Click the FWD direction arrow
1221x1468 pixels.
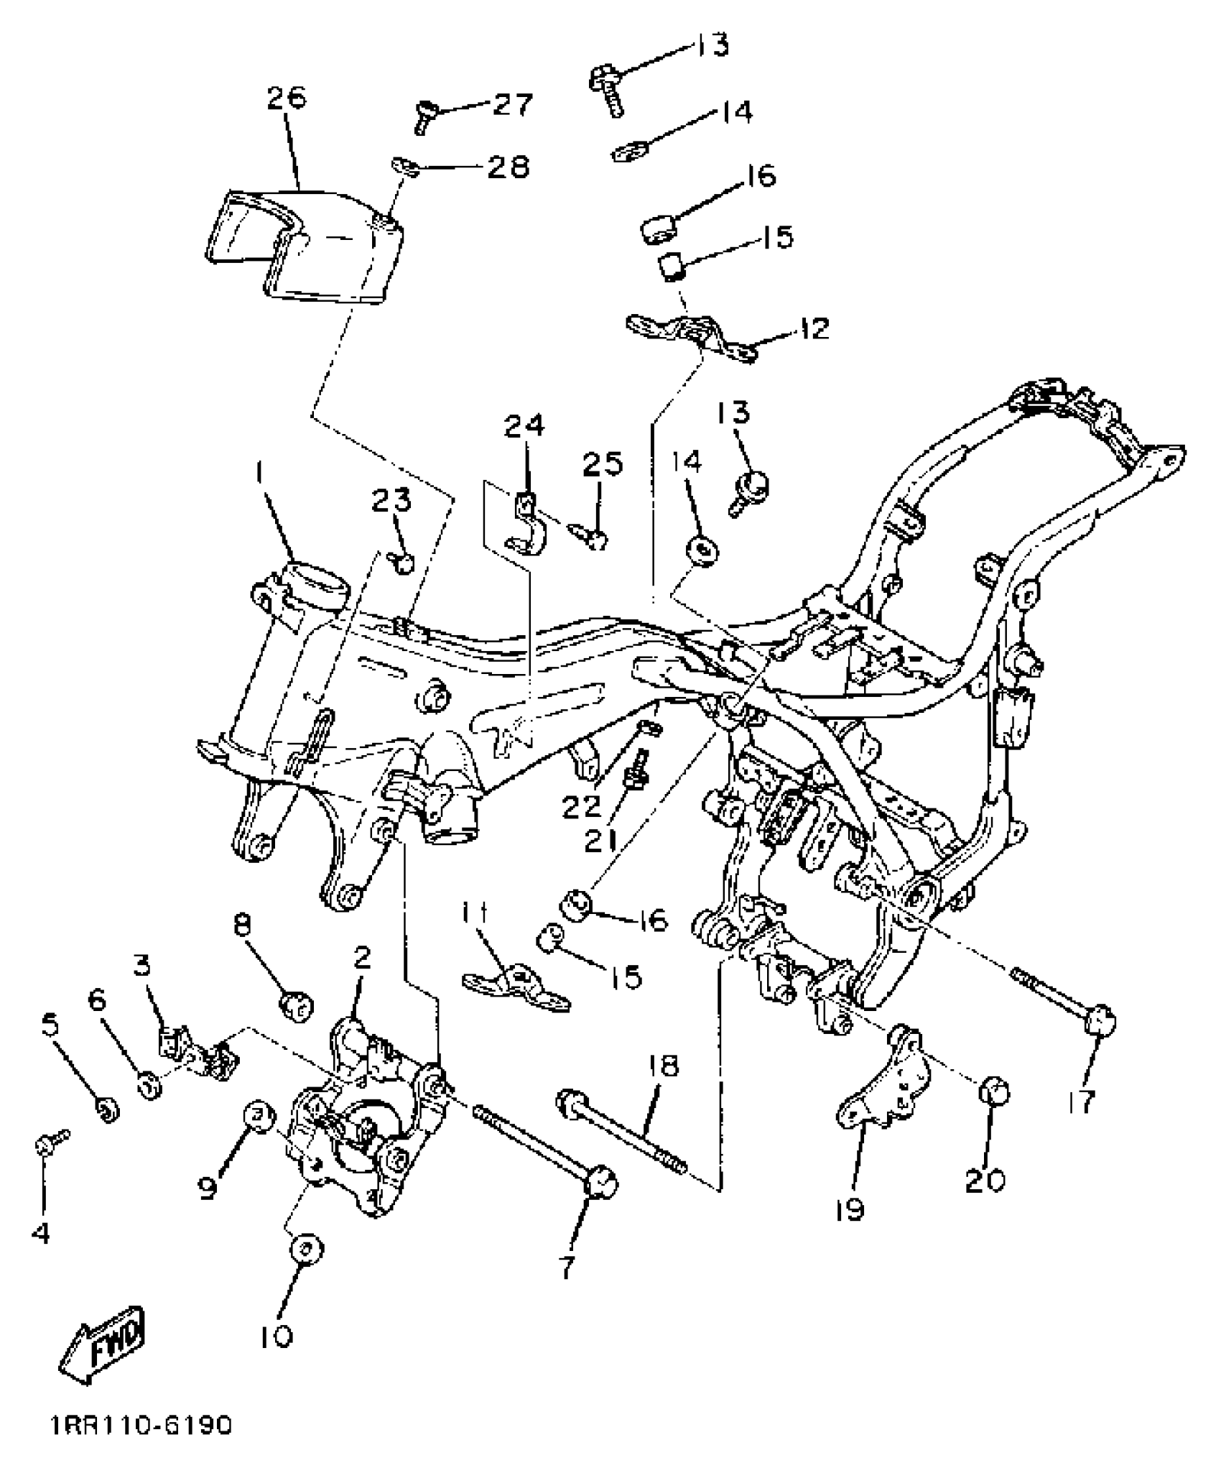[103, 1352]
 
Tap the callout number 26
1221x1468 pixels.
[286, 98]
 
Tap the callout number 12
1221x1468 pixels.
[812, 329]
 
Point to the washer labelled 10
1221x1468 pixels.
[305, 1247]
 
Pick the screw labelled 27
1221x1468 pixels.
[425, 115]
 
